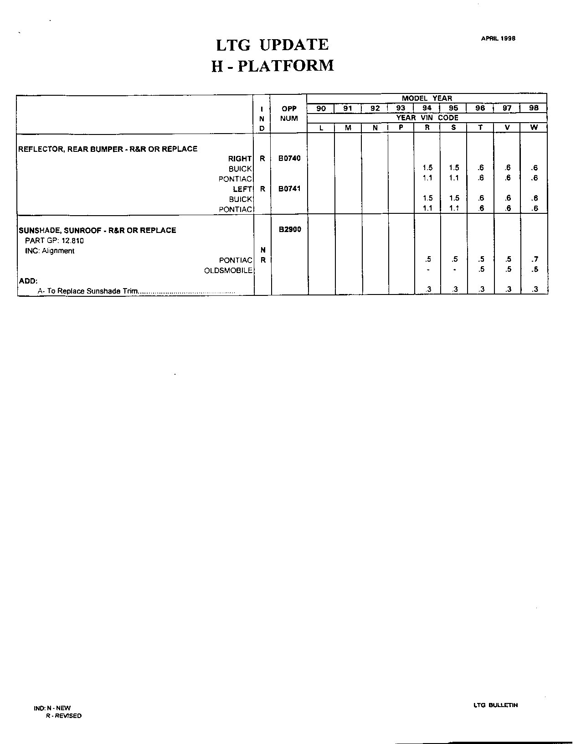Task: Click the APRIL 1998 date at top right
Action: (498, 39)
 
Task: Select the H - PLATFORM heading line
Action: (273, 66)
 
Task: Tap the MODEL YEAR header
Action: (427, 98)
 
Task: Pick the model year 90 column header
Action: (321, 108)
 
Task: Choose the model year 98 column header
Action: (534, 108)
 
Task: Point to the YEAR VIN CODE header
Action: (427, 118)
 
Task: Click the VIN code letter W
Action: (534, 128)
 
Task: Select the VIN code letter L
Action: (321, 128)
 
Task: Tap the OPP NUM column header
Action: (289, 114)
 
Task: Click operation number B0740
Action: (289, 159)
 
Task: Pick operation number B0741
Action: (289, 189)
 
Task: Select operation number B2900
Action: (290, 229)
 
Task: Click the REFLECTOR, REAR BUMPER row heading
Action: (108, 149)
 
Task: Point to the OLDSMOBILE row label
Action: (228, 270)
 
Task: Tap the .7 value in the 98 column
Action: (535, 259)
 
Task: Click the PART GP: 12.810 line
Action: (54, 241)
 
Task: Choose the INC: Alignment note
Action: (50, 251)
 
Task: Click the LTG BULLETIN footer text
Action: (495, 705)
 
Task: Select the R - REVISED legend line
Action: (63, 716)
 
